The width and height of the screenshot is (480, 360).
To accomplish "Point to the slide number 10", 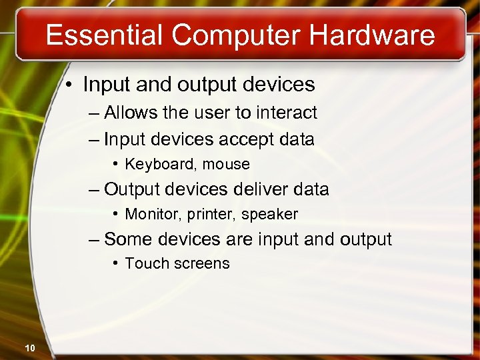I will click(29, 347).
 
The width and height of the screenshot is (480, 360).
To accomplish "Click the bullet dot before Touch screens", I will click(116, 263).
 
